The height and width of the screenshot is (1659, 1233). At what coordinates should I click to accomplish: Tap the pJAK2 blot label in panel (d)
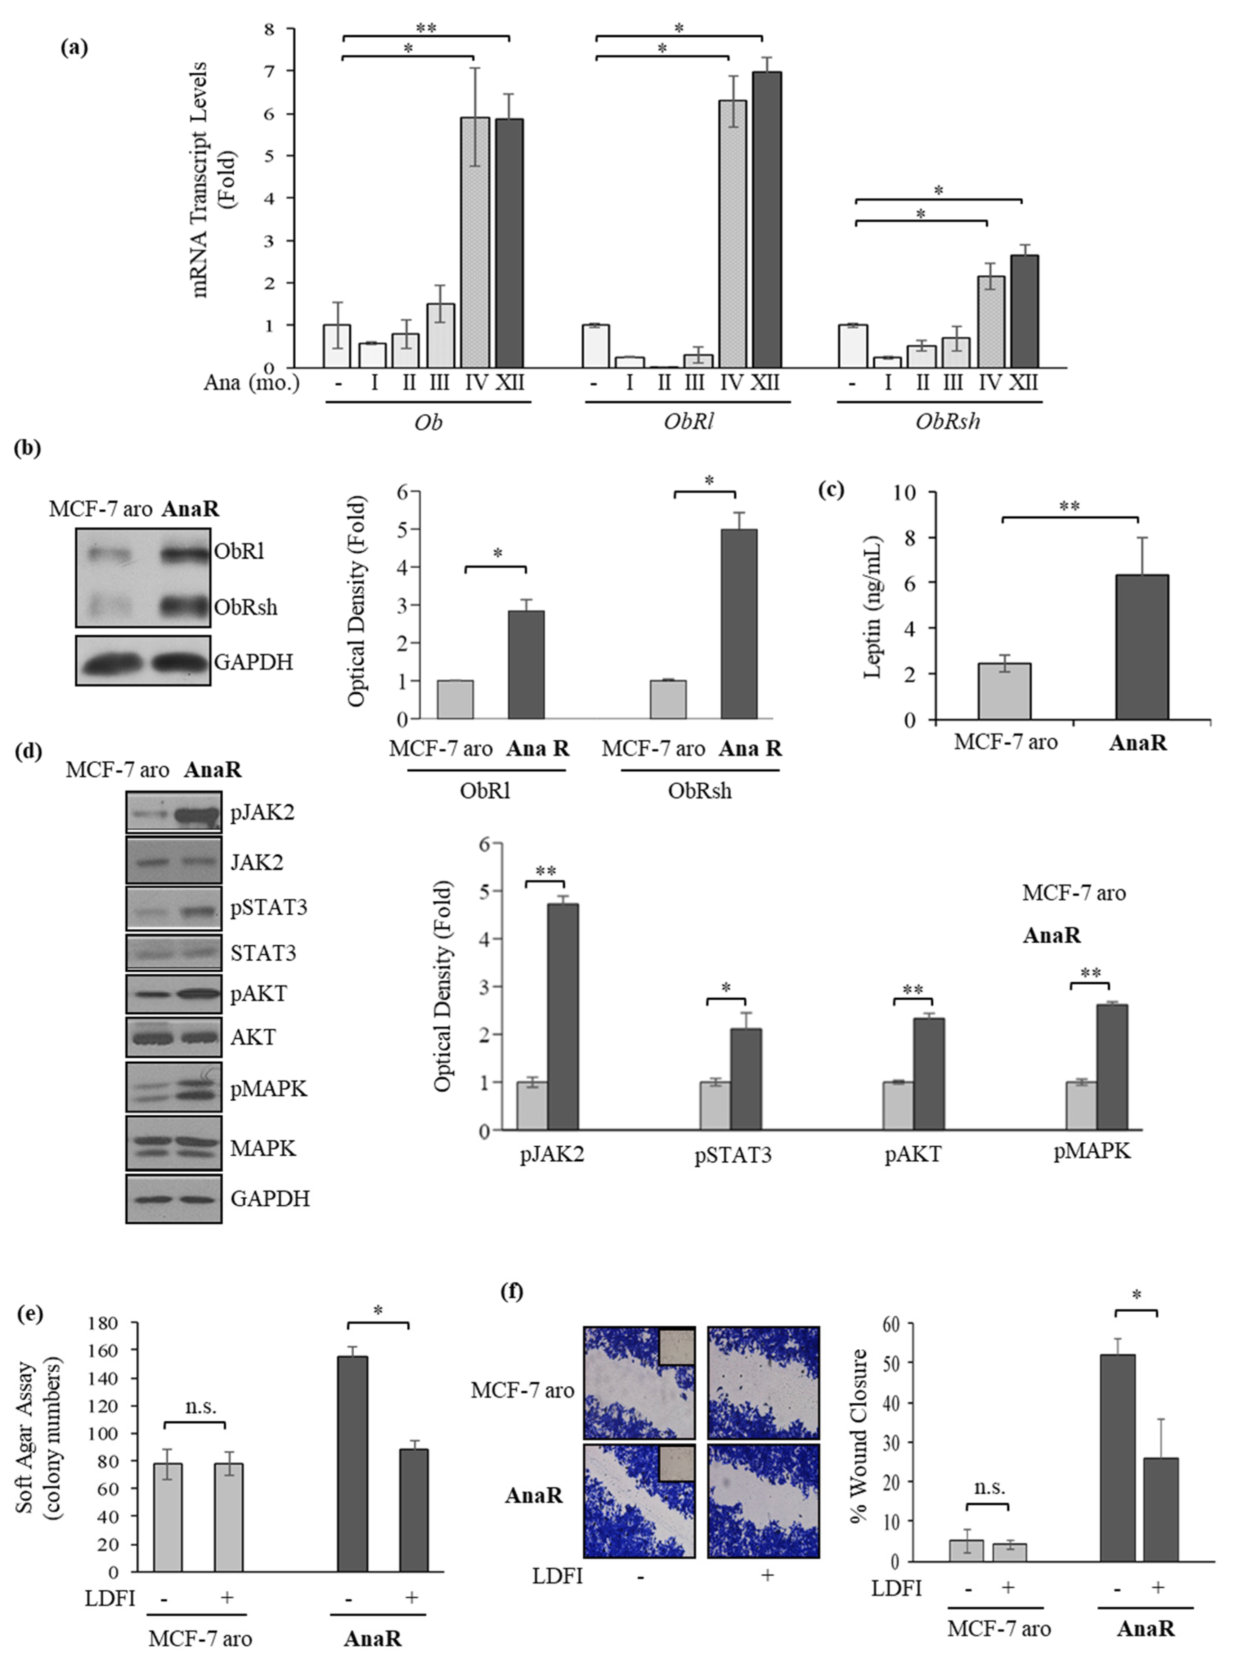tap(262, 813)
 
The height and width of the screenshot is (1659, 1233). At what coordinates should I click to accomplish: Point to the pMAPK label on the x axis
tap(1092, 1151)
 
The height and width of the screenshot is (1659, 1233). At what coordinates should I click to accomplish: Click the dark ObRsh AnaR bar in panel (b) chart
tap(739, 624)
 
